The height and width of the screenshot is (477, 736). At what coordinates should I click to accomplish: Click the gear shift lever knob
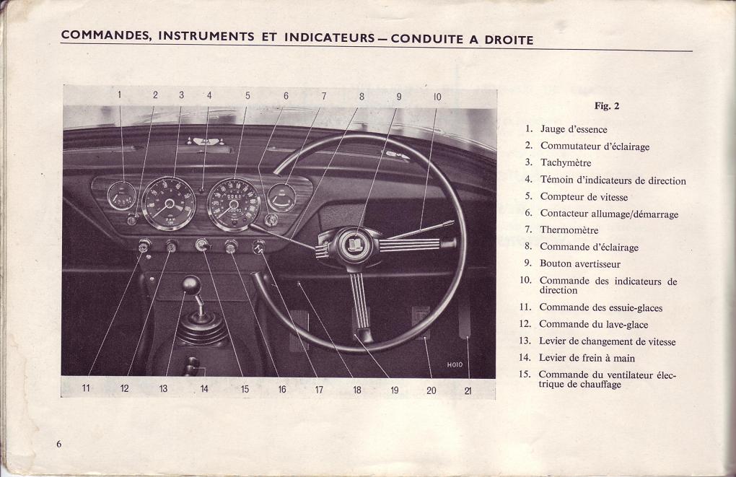(191, 285)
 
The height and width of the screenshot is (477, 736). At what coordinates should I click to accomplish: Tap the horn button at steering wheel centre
(355, 244)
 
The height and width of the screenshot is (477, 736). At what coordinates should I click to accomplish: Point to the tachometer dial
(169, 204)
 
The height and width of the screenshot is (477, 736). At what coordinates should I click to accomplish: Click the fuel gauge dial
(121, 196)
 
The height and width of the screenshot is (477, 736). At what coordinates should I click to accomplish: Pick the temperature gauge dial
(281, 198)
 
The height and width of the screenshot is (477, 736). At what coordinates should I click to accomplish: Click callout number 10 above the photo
(437, 97)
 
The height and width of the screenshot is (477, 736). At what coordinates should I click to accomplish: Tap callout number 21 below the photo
(468, 390)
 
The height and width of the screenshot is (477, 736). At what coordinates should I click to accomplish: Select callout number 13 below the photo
(163, 388)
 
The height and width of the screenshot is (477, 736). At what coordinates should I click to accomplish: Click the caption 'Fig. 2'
(606, 105)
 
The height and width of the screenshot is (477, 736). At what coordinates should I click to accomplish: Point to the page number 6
(58, 444)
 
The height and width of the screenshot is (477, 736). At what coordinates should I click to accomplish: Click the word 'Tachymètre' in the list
(566, 163)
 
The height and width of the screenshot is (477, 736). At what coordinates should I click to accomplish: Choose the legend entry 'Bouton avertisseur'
(579, 264)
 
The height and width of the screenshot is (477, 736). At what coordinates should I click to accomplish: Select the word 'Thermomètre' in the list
(569, 230)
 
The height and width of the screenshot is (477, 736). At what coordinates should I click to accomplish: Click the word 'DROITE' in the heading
(509, 40)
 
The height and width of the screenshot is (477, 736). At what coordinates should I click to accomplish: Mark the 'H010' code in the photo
(455, 364)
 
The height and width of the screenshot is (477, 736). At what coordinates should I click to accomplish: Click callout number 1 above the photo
(119, 95)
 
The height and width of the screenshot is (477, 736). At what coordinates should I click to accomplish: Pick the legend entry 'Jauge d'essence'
(574, 130)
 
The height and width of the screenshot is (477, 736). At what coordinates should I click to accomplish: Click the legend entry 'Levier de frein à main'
(587, 358)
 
